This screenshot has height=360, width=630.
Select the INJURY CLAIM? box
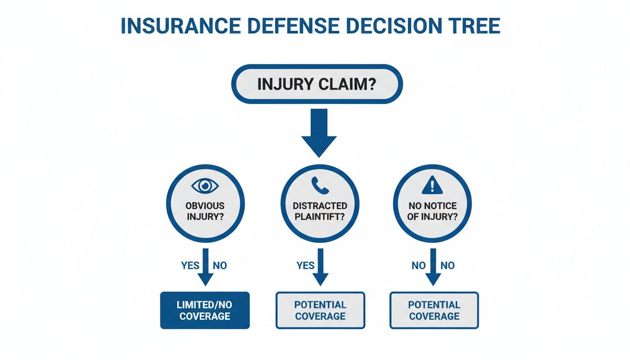[317, 84]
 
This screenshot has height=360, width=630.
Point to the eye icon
[205, 186]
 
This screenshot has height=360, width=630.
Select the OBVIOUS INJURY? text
[205, 211]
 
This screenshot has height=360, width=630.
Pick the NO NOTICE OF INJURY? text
[432, 211]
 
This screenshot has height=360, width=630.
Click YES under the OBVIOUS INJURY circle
[190, 265]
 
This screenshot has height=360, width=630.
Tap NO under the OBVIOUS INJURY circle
[219, 265]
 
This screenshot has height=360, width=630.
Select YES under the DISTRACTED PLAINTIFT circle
[305, 265]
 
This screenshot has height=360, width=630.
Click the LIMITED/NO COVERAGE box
[205, 310]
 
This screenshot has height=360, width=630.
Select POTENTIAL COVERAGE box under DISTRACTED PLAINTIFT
[320, 310]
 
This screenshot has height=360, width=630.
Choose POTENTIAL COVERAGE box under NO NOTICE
[434, 310]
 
